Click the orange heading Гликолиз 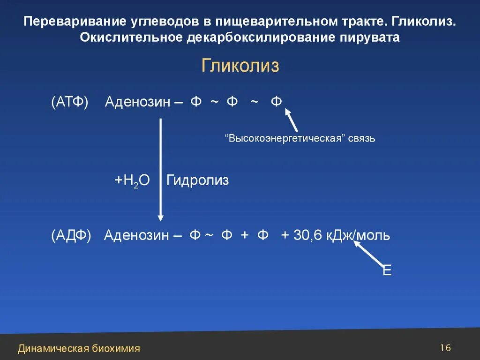pos(240,66)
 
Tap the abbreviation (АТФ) pos(70,102)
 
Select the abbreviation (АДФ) pos(71,235)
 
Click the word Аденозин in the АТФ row pos(137,102)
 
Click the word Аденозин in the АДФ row pos(136,235)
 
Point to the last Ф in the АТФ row pos(276,102)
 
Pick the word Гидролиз pos(198,180)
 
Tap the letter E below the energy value pos(387,270)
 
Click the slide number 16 pos(445,348)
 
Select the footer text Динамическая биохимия pos(79,348)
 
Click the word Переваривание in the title pos(71,22)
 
